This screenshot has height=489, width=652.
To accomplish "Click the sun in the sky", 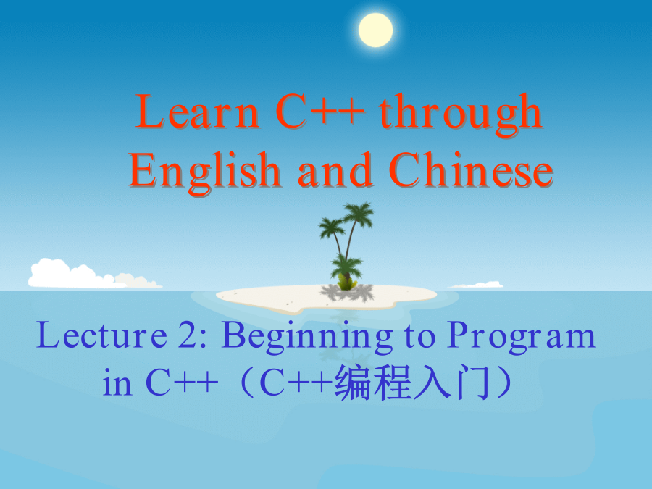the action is pos(375,30).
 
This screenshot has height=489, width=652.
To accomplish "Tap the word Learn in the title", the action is pos(198,112).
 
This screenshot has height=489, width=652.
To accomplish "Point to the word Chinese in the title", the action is pos(471,170).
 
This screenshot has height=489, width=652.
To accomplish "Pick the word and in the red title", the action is pos(335,170).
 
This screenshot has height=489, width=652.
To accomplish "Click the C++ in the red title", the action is pos(320,112).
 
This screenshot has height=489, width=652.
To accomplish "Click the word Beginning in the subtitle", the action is pos(307,337).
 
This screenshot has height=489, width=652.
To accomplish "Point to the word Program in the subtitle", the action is pos(522,337).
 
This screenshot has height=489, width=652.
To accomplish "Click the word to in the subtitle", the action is pos(419,336).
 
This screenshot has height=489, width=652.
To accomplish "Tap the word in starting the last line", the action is pos(117,382).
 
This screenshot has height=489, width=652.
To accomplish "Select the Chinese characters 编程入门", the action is pos(411,382).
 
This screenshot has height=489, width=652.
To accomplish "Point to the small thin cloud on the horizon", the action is pos(475,285).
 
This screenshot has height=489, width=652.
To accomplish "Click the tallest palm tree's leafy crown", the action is pos(358,214).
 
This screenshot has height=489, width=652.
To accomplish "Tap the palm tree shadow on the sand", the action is pos(347,293).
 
